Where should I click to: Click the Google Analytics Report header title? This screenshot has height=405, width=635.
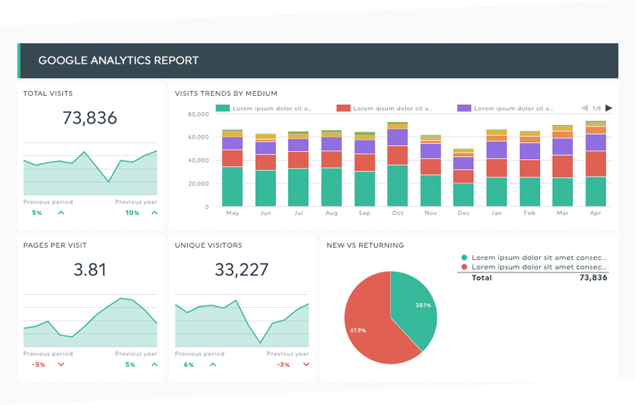coord(118,60)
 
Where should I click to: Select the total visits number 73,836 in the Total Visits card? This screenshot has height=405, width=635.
coord(90,118)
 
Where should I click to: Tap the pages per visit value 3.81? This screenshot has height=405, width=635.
coord(90,270)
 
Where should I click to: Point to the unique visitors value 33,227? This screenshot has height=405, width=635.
coord(241,270)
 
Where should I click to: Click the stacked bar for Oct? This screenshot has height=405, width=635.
coord(397,165)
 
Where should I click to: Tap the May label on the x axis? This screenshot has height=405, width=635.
coord(232,213)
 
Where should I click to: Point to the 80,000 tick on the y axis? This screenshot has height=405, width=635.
coord(197,115)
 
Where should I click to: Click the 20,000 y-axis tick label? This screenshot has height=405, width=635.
coord(197,183)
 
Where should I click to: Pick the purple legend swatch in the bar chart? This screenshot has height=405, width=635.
coord(464,108)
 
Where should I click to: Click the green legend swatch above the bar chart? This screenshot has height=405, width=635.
coord(222,108)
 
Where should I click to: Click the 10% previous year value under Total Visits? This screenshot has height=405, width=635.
coord(132,213)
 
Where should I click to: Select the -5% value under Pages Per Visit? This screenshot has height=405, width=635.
coord(38,365)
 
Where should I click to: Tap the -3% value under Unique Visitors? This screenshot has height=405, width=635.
coord(283,365)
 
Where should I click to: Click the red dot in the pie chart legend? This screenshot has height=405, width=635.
coord(464,267)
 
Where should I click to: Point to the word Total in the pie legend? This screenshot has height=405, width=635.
coord(482,278)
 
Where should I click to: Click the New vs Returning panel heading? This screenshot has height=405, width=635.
coord(365,246)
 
